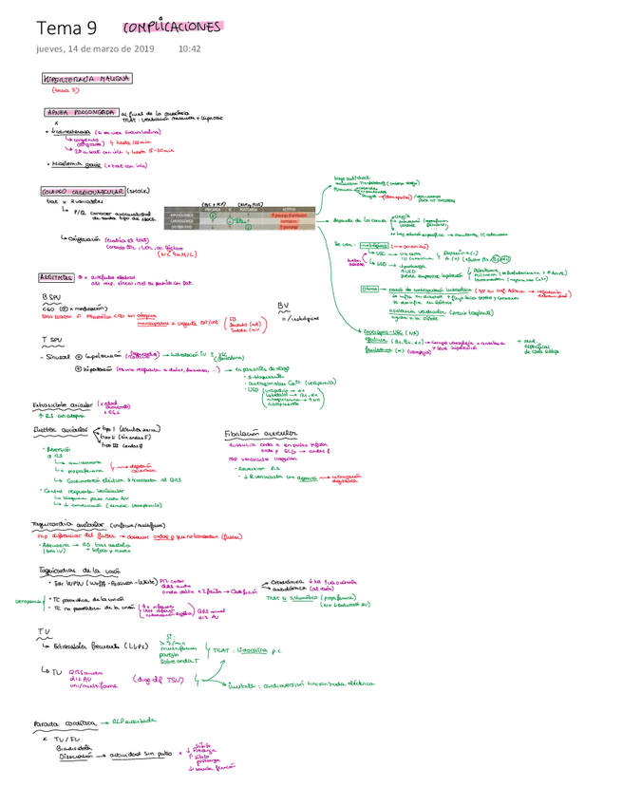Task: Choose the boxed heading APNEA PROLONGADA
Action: click(x=80, y=110)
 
